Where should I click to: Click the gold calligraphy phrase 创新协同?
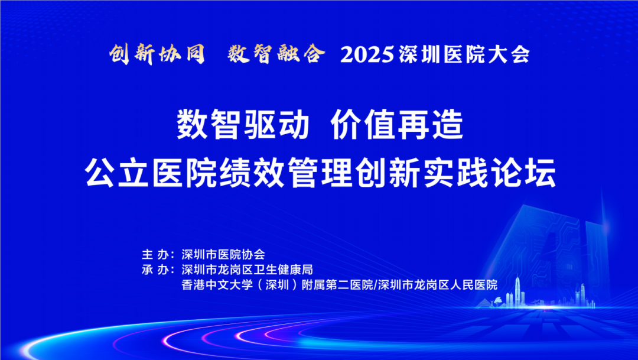157,54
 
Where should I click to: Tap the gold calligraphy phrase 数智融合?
276,54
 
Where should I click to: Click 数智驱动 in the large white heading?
243,125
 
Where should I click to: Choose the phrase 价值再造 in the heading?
397,125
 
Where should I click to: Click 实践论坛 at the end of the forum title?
490,173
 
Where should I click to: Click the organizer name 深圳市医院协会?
223,255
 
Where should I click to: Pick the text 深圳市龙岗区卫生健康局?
247,270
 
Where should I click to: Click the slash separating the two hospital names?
376,285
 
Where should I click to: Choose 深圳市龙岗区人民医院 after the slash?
438,285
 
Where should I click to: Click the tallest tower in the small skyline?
517,291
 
